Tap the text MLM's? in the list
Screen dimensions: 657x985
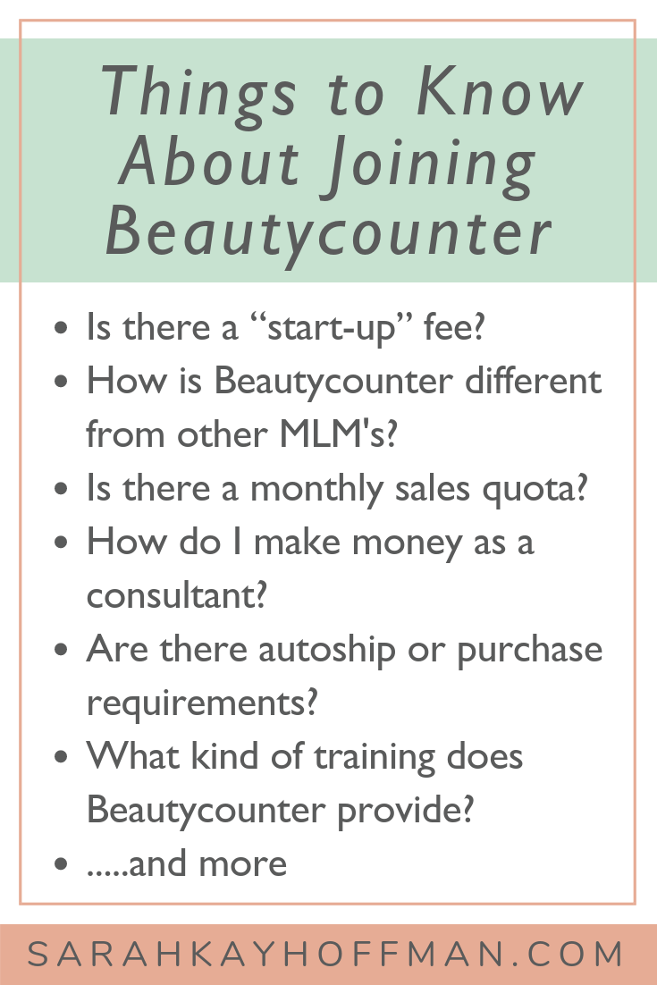coord(339,434)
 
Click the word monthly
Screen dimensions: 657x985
coord(316,489)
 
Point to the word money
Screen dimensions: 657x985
coord(407,543)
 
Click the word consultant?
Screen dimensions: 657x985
coord(176,595)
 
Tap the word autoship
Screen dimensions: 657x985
coord(327,650)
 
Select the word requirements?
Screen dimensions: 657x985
coord(202,703)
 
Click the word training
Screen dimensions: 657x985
coord(375,756)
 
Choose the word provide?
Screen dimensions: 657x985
coord(405,811)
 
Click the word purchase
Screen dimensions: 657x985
coord(529,651)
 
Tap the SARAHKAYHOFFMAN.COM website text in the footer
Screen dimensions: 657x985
coord(325,955)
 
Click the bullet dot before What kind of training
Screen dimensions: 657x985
coord(61,757)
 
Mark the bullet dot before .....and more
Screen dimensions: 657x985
coord(61,863)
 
